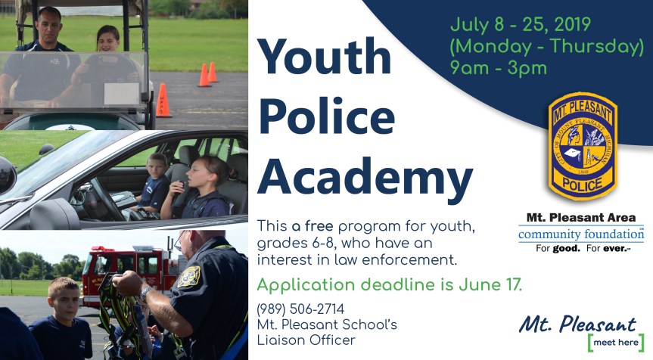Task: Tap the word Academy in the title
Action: tap(365, 179)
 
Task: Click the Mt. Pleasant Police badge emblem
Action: tap(582, 147)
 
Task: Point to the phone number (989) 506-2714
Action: tap(300, 309)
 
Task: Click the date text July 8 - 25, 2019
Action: tap(519, 24)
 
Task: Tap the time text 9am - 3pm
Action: tap(498, 68)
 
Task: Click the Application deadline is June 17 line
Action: tap(389, 285)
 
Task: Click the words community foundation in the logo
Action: tap(580, 234)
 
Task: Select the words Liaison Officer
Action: tap(306, 340)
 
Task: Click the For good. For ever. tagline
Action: tap(580, 248)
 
